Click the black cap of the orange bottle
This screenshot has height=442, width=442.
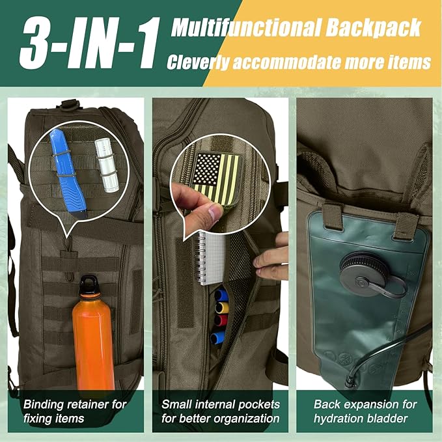coord(91,284)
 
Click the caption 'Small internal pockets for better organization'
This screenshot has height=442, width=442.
coord(220,411)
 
